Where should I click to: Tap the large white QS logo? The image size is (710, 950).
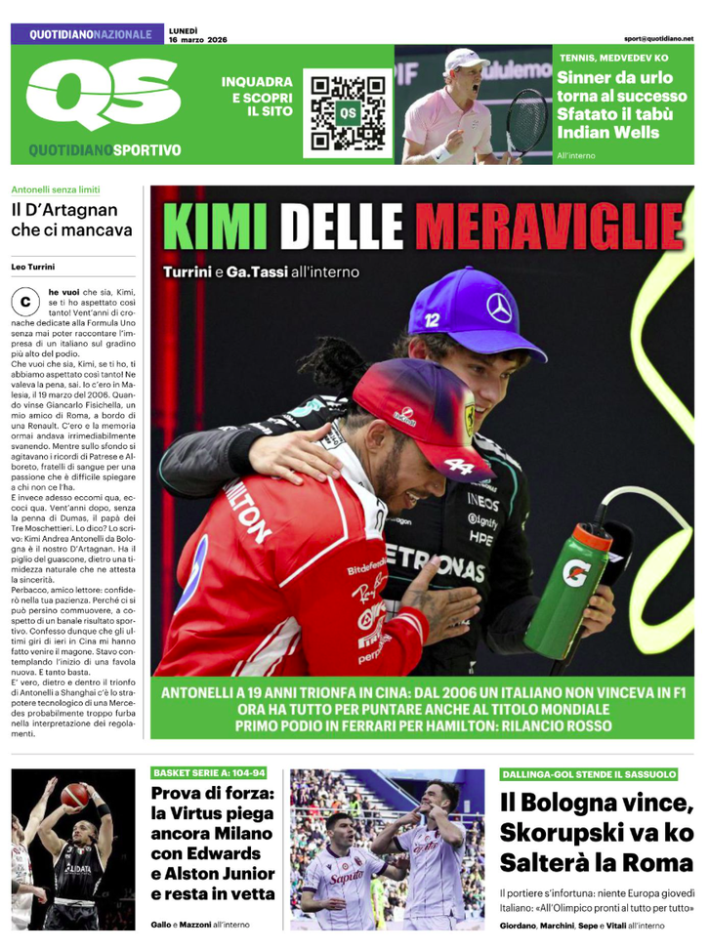pos(97,97)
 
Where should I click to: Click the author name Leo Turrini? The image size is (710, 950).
pos(33,266)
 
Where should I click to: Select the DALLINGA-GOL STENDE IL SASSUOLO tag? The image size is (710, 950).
pos(589,774)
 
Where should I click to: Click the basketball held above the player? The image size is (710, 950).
pos(76,795)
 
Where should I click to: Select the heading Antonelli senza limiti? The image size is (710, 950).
pos(56,189)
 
